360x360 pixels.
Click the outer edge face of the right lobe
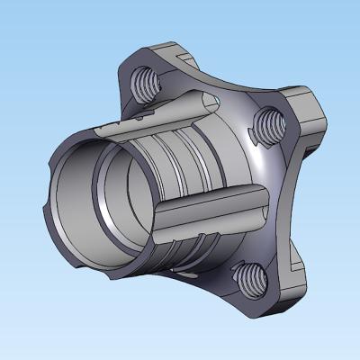tap(311, 117)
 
